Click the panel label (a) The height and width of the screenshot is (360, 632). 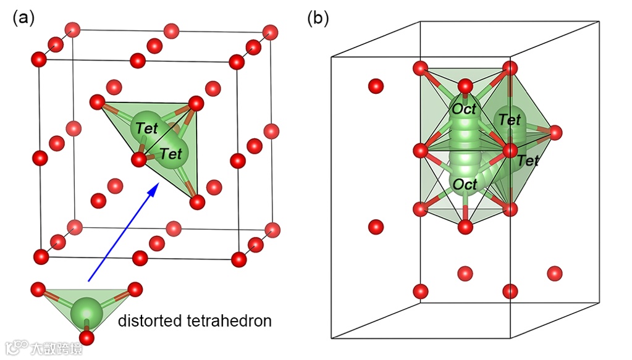[x=23, y=18]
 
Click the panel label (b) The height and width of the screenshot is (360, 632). [x=318, y=18]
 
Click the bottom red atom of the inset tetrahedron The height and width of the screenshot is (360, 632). [x=86, y=338]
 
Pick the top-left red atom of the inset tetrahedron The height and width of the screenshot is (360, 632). [x=38, y=288]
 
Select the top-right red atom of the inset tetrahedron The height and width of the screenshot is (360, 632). [x=135, y=288]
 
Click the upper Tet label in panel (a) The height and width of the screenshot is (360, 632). [x=147, y=128]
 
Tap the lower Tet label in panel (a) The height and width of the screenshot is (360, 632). [x=171, y=152]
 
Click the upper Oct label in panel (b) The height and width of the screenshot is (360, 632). [x=464, y=109]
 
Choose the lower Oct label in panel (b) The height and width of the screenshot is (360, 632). [x=465, y=184]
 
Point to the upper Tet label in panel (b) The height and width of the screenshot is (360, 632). [x=510, y=120]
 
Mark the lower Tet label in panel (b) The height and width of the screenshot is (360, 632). [x=528, y=161]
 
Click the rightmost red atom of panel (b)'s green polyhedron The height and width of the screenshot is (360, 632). [x=555, y=132]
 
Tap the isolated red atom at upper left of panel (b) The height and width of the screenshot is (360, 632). [x=376, y=86]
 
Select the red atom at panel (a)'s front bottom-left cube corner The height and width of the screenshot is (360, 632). [x=41, y=256]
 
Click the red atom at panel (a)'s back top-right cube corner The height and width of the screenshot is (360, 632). [x=270, y=31]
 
